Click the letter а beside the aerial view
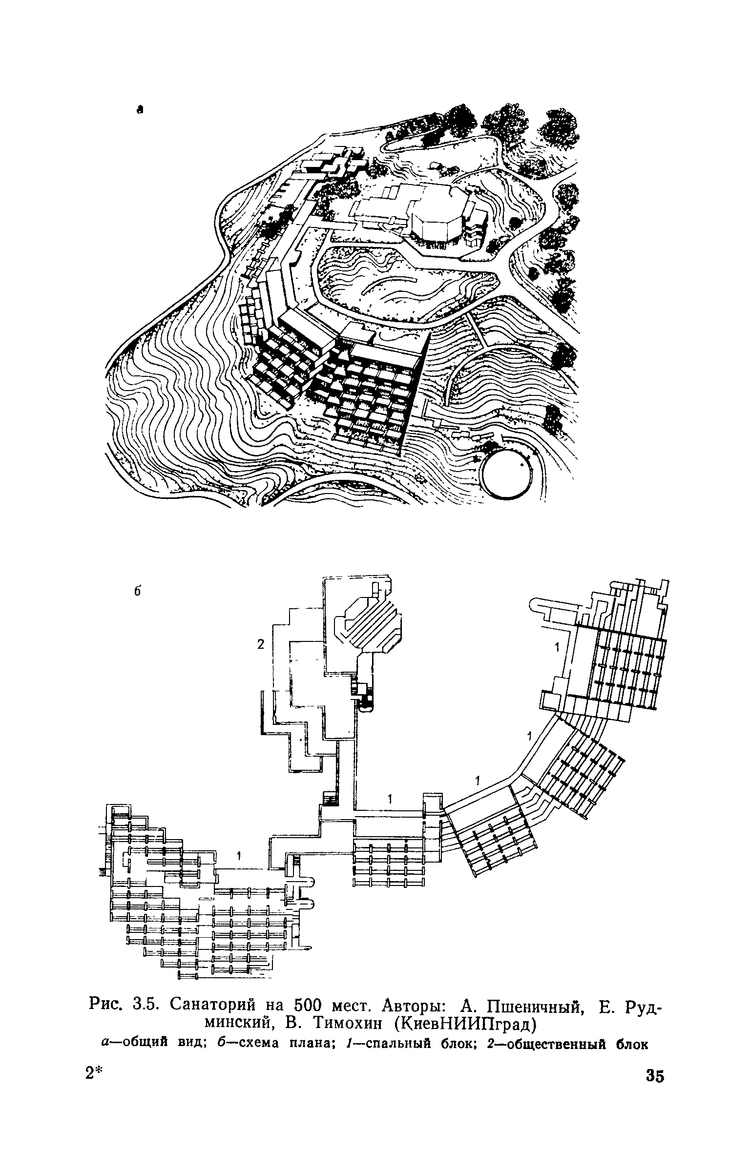coord(140,110)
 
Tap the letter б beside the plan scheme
coord(137,591)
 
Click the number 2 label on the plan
coord(260,645)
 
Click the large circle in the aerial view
coord(505,474)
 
